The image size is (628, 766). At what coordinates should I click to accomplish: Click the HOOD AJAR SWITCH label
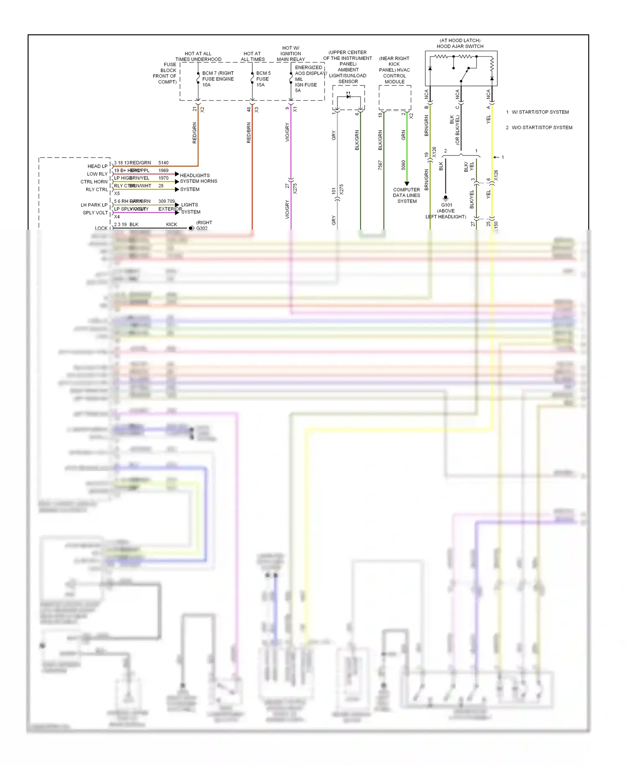click(460, 47)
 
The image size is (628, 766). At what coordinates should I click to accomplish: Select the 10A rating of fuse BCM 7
click(206, 85)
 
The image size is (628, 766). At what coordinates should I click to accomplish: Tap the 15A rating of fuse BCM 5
click(260, 85)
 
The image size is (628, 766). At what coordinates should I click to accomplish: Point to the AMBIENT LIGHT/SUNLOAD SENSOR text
click(347, 75)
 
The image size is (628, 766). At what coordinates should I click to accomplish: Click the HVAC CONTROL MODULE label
click(394, 76)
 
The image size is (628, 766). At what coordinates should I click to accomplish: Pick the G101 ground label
click(446, 205)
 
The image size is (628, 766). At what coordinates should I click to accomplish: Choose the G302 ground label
click(202, 228)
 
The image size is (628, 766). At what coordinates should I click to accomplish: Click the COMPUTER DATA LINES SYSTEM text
click(407, 195)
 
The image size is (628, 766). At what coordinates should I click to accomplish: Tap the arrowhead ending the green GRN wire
click(407, 184)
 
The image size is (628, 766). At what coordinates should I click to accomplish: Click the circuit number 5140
click(163, 163)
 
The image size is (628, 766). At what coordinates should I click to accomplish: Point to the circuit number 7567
click(380, 165)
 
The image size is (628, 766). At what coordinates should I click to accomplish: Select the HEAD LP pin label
click(98, 166)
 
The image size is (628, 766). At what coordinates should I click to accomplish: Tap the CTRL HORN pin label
click(94, 182)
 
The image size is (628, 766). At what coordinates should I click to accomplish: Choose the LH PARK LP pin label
click(94, 205)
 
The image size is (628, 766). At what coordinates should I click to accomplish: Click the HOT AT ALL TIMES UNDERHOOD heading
click(198, 57)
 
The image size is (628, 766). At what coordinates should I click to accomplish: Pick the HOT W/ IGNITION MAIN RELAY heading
click(291, 54)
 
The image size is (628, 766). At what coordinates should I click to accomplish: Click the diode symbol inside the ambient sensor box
click(348, 96)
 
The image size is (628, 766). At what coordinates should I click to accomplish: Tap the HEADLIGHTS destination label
click(195, 175)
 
